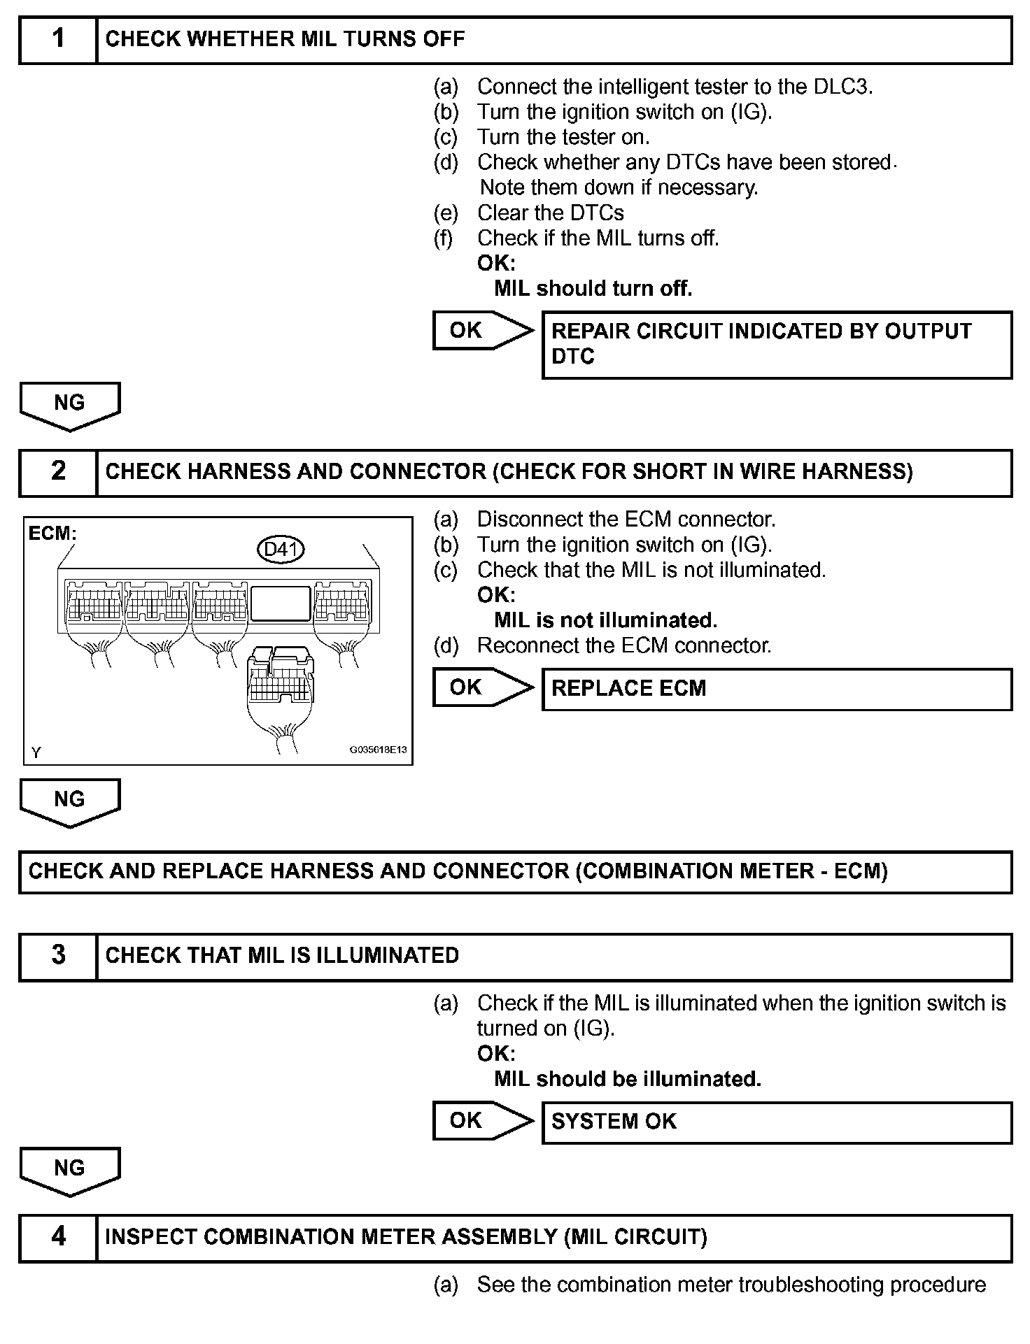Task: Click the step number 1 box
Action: [58, 39]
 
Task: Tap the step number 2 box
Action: [58, 472]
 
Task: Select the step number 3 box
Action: [58, 956]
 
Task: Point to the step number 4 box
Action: [58, 1237]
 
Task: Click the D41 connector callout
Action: [281, 550]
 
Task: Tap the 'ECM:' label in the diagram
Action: [52, 534]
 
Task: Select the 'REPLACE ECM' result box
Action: [777, 689]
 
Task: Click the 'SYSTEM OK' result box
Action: [777, 1122]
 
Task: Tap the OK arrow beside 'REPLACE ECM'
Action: [482, 687]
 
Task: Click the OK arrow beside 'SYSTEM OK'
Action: [482, 1121]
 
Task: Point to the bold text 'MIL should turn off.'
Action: [593, 289]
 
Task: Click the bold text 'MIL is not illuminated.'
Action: [605, 620]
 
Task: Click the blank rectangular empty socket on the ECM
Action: [281, 603]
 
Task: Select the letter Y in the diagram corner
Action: [36, 752]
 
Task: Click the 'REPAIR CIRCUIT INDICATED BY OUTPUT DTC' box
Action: [777, 345]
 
